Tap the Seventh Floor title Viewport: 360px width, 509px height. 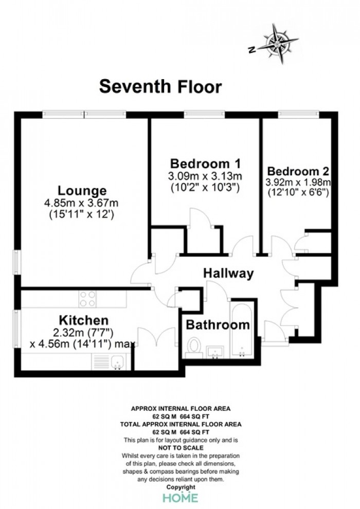click(160, 87)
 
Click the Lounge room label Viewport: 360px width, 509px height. click(82, 191)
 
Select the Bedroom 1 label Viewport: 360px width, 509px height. click(206, 163)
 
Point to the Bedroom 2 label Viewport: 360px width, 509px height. click(298, 171)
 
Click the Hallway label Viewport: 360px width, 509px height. click(228, 274)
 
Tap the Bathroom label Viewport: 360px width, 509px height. click(218, 324)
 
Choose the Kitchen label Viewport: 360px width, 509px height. click(83, 320)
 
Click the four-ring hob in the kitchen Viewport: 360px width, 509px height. click(87, 299)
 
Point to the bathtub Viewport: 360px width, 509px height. click(242, 330)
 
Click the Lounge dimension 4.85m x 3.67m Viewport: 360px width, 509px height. click(81, 203)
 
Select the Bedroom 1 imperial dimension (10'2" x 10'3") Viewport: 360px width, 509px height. click(205, 188)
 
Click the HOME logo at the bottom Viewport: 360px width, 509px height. click(180, 497)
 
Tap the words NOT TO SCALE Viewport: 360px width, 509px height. click(181, 448)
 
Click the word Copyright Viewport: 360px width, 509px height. click(181, 487)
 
